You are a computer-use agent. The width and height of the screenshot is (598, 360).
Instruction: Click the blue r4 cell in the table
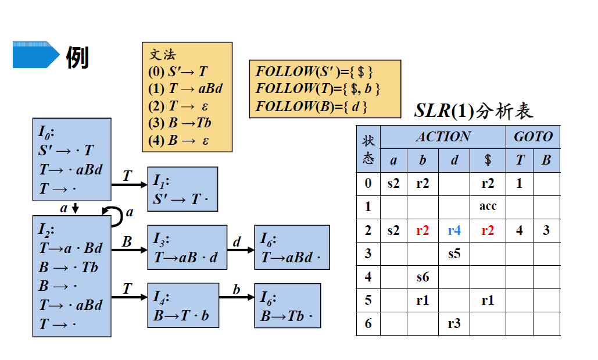pyautogui.click(x=454, y=231)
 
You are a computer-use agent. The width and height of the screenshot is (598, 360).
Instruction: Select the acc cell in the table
pyautogui.click(x=488, y=206)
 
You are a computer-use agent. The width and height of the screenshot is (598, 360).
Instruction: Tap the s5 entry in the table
pyautogui.click(x=454, y=254)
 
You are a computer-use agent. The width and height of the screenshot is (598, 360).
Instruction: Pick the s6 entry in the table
pyautogui.click(x=422, y=277)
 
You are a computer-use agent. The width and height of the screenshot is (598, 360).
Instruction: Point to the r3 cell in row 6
pyautogui.click(x=454, y=323)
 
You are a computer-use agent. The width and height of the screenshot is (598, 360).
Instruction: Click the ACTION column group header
pyautogui.click(x=443, y=137)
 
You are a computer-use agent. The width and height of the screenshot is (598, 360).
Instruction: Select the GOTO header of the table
pyautogui.click(x=533, y=137)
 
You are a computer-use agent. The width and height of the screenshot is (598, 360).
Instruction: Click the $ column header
pyautogui.click(x=488, y=160)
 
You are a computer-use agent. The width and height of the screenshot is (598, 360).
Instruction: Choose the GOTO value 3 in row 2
pyautogui.click(x=546, y=231)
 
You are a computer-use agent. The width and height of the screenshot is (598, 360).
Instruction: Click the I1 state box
pyautogui.click(x=182, y=189)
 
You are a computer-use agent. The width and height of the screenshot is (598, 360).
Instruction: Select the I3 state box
pyautogui.click(x=186, y=247)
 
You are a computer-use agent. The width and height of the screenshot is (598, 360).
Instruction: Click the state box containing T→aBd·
pyautogui.click(x=292, y=247)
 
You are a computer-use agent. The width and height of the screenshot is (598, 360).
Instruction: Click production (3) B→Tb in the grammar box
pyautogui.click(x=180, y=123)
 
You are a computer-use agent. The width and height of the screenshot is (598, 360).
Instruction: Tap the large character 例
pyautogui.click(x=78, y=57)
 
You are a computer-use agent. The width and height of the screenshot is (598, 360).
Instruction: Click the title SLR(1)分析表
pyautogui.click(x=473, y=111)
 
